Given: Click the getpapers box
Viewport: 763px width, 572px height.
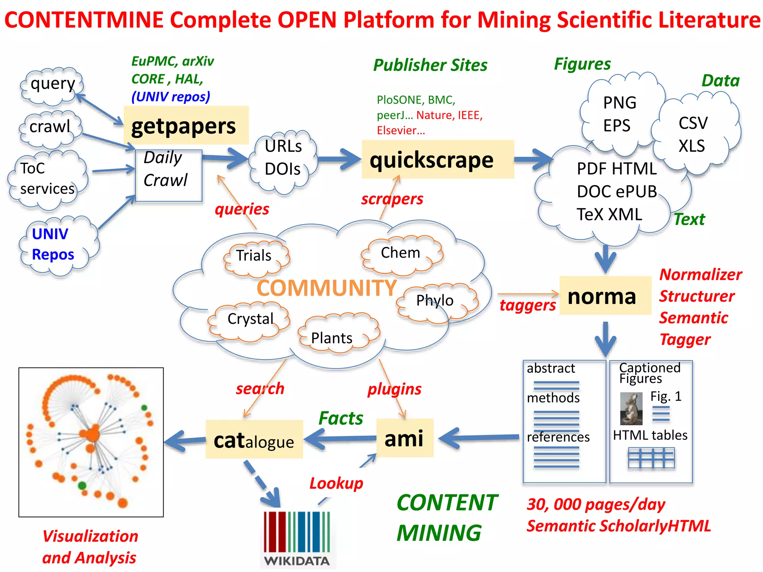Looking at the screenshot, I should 186,125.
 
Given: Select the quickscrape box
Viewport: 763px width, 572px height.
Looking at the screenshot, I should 437,160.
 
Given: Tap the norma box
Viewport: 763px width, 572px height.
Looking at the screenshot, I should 605,296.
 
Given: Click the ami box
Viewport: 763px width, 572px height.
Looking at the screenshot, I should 405,438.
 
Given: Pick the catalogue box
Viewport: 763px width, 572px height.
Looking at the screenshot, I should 254,440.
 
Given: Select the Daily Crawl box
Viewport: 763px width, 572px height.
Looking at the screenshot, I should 168,175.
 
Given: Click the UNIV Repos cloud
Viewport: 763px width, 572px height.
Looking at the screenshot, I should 56,245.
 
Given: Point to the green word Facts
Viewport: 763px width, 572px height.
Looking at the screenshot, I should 341,418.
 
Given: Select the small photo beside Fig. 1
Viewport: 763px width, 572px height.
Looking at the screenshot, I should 631,409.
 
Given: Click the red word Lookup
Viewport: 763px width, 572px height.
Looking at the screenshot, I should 336,483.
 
